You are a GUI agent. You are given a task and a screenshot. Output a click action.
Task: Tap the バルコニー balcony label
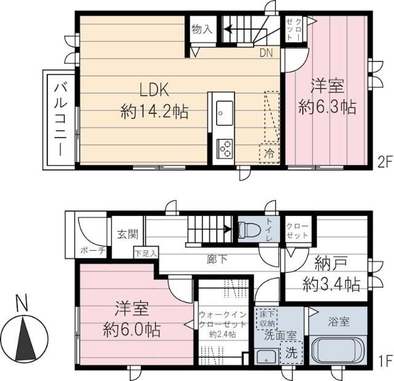[x=60, y=120]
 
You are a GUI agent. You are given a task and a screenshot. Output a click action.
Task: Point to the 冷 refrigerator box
[x=269, y=152]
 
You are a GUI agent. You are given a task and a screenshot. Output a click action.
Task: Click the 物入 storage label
[x=201, y=28]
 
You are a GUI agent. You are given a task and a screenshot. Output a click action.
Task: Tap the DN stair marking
[x=266, y=54]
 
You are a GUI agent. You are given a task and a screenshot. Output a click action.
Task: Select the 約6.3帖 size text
[x=326, y=107]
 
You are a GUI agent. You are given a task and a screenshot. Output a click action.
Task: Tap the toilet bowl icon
[x=250, y=231]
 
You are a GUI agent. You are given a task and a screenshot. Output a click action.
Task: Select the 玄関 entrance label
[x=127, y=235]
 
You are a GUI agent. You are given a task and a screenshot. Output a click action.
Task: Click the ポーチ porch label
[x=93, y=250]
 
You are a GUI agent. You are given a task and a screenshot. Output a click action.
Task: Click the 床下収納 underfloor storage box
[x=267, y=318]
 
